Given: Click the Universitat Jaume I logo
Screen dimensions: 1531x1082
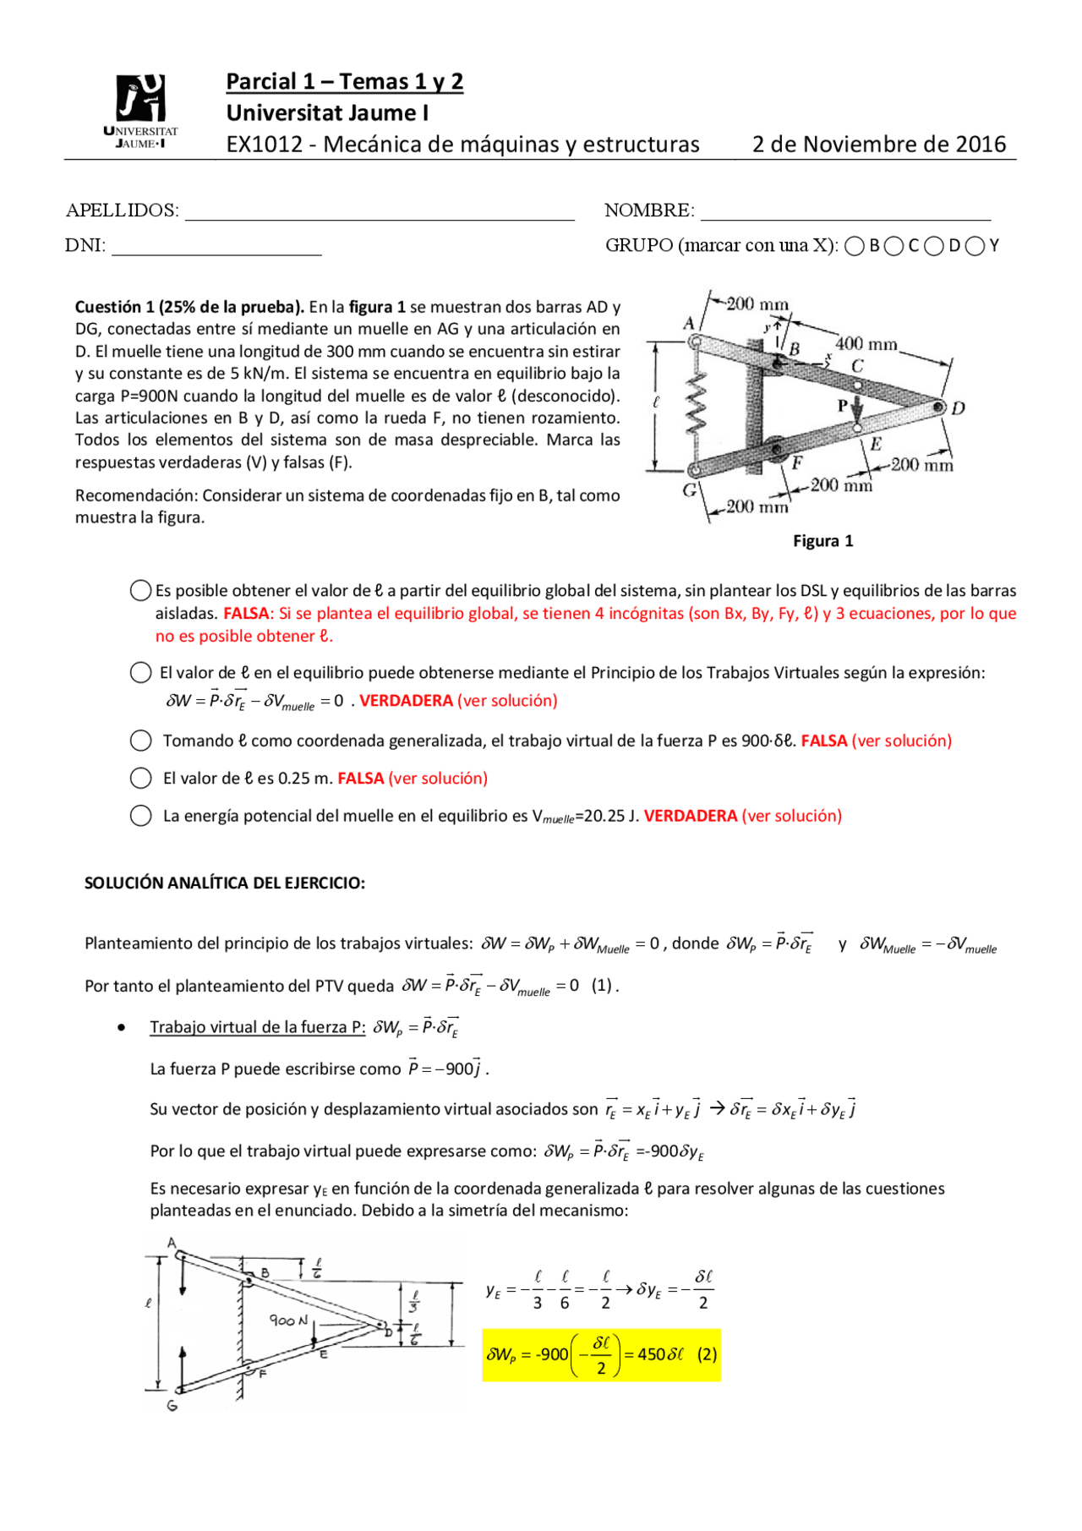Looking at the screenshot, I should coord(140,110).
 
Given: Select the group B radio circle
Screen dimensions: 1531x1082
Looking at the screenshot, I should coord(855,246).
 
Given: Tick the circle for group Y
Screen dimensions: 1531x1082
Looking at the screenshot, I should coord(975,246).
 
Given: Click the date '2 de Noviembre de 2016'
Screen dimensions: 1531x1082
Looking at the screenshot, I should coord(879,145).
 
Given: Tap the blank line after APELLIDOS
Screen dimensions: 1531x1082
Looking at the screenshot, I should coord(380,213).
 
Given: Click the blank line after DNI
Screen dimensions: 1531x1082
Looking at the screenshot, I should coord(216,248).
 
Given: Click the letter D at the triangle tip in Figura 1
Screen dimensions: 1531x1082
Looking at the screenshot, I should coord(958,409).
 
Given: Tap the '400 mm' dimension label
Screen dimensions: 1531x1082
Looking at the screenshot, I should coord(866,344).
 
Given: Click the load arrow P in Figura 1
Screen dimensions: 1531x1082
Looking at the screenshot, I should coord(857,408).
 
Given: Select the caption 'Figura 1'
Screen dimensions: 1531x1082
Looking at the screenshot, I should coord(822,541).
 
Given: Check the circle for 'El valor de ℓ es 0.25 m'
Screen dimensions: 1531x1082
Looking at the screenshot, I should coord(141,778).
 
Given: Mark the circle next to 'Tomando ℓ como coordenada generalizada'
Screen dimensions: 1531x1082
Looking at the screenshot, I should coord(141,741).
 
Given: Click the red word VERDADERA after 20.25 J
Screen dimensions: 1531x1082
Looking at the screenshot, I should coord(690,816).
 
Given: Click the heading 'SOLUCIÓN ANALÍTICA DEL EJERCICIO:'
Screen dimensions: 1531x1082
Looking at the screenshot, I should coord(225,883).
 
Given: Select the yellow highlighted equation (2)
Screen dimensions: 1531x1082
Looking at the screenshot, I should coord(601,1354).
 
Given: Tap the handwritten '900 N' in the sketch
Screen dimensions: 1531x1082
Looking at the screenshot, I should coord(288,1320).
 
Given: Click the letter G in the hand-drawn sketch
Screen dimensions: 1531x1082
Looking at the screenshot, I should coord(172,1406).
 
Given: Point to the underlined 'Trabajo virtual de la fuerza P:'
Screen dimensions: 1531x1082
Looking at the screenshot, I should coord(257,1027).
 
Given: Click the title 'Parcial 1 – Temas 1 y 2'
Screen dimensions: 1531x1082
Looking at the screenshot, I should coord(344,82).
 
